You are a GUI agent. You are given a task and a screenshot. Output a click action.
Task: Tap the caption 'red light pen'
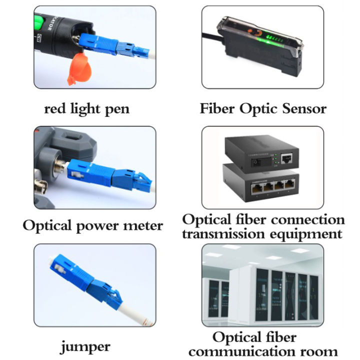click(86, 108)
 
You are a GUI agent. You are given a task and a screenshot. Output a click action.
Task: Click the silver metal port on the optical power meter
click(57, 166)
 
